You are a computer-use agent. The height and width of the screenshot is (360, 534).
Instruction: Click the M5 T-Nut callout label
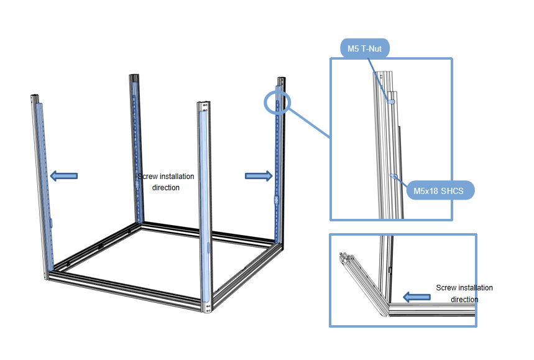pos(364,47)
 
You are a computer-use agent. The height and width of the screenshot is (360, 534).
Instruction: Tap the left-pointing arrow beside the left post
pos(63,176)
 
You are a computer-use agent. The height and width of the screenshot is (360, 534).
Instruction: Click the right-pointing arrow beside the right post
pos(259,176)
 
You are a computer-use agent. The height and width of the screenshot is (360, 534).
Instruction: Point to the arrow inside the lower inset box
pos(417,297)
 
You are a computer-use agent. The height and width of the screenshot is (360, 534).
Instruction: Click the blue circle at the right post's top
pos(277,103)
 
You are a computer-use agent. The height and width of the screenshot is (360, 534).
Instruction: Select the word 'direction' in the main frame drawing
pos(165,187)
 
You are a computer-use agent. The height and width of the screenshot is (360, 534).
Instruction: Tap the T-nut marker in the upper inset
pos(392,101)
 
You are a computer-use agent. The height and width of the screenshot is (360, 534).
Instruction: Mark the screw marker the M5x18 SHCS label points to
pos(393,177)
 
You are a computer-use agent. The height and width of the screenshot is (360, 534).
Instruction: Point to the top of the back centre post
pos(134,78)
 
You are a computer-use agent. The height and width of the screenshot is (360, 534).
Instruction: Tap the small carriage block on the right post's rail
pos(275,200)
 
